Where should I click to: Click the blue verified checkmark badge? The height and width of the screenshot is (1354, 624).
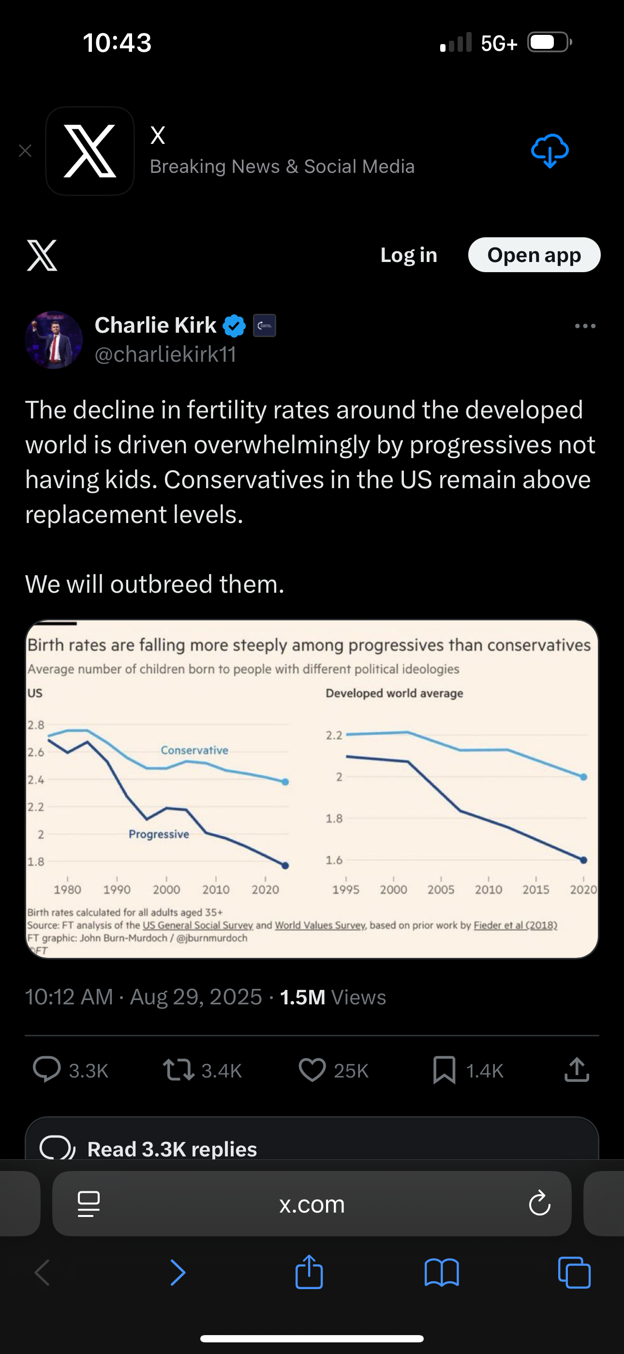(x=234, y=326)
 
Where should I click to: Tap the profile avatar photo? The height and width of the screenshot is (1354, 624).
(x=54, y=340)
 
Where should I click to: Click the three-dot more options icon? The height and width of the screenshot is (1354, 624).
(x=585, y=326)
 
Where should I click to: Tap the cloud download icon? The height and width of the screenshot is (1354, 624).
(x=550, y=151)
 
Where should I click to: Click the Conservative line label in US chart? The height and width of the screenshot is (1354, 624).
(x=194, y=751)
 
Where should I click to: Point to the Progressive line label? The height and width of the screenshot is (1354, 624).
(x=159, y=835)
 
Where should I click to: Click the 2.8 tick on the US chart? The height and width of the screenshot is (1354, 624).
(x=36, y=725)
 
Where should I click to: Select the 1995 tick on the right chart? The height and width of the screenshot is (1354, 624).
(x=345, y=890)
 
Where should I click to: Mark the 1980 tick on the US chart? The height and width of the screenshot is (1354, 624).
(x=67, y=890)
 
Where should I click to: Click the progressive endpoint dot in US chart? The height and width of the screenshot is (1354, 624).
(x=285, y=866)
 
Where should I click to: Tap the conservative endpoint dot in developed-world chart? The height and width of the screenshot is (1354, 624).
(x=583, y=777)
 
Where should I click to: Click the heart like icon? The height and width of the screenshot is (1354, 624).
(x=312, y=1070)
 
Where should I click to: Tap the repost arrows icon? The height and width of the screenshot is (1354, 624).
(x=178, y=1070)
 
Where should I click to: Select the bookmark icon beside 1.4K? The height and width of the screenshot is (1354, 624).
(x=444, y=1070)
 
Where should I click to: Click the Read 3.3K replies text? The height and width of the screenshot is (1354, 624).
(x=172, y=1149)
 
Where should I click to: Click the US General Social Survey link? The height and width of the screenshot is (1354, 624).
(x=197, y=925)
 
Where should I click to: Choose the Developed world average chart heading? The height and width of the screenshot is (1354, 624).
(x=394, y=693)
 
